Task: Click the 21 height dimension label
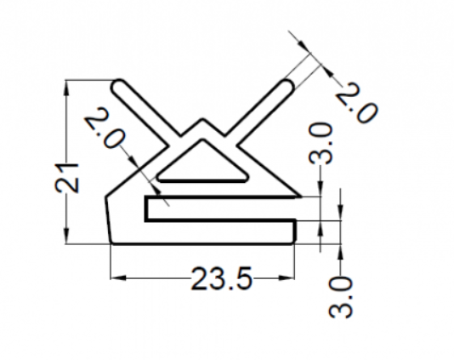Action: [x=67, y=178]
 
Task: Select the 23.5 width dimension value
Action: [x=222, y=279]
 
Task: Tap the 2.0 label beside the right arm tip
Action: [x=358, y=102]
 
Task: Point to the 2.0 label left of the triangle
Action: [x=105, y=128]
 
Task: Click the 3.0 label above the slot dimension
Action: [x=320, y=143]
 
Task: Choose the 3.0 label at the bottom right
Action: [x=341, y=297]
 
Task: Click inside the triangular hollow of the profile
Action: [x=202, y=167]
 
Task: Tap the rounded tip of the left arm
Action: [x=118, y=86]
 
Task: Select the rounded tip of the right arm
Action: [x=288, y=86]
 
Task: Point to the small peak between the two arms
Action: [x=202, y=119]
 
